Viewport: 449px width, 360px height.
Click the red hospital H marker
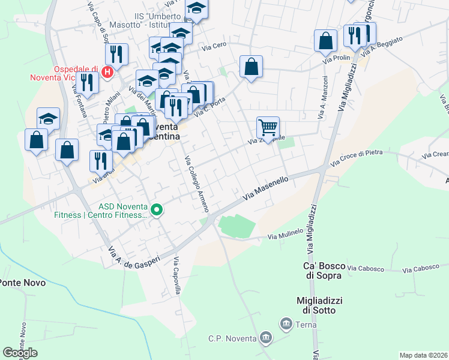click(x=107, y=73)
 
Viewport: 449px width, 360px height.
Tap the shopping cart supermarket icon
click(x=268, y=127)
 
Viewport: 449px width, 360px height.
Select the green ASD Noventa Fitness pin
click(x=157, y=209)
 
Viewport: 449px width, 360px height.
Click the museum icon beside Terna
click(x=286, y=325)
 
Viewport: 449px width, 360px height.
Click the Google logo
click(x=20, y=353)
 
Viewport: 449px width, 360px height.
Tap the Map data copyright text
click(x=424, y=355)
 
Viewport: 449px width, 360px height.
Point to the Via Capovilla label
click(x=178, y=275)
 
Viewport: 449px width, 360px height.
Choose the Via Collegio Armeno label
click(x=196, y=184)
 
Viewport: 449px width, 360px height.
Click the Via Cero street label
click(x=214, y=47)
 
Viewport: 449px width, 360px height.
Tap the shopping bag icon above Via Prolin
click(x=325, y=41)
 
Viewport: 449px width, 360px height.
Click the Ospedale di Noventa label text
click(x=67, y=73)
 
